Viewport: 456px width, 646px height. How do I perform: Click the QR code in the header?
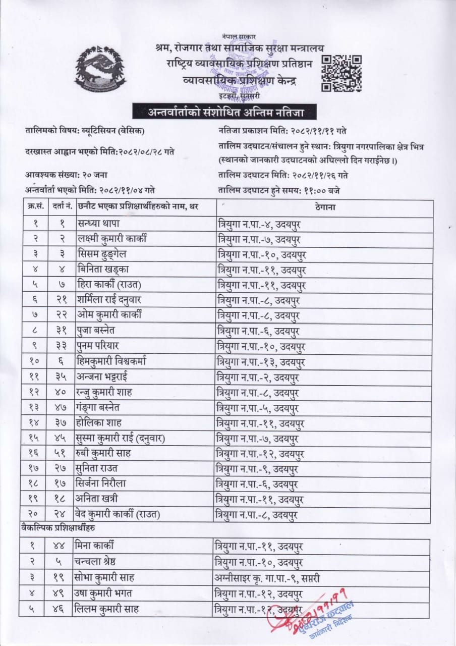341,73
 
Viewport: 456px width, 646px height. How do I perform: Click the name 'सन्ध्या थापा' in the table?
99,223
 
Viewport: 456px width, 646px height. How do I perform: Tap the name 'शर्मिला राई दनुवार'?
109,299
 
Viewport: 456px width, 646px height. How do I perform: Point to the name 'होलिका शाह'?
99,422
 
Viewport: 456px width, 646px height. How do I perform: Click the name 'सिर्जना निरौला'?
102,483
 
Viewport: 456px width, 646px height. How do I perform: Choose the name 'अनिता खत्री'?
97,499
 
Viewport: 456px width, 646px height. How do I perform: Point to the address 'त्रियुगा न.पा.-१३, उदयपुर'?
259,361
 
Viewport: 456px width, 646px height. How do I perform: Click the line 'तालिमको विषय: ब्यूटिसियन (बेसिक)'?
85,131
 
